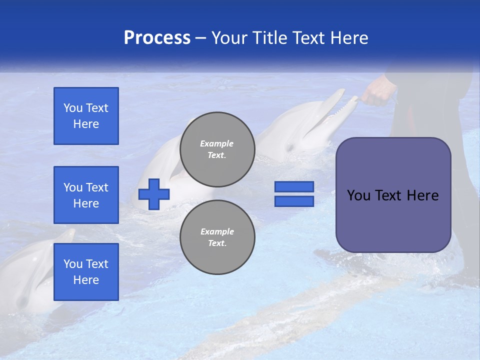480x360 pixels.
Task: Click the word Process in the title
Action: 157,37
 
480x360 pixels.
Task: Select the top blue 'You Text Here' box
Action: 86,116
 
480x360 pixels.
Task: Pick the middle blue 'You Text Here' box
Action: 86,195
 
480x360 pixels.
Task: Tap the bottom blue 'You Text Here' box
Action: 86,272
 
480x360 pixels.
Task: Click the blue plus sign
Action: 154,194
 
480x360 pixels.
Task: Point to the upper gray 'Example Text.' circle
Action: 217,149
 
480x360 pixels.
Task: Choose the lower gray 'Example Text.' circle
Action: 217,237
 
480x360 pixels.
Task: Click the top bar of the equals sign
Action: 294,187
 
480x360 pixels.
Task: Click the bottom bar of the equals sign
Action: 294,201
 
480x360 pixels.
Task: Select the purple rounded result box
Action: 393,195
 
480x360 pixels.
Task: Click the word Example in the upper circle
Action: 217,143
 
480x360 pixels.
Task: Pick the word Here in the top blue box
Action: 86,124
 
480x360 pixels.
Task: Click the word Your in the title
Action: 230,38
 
